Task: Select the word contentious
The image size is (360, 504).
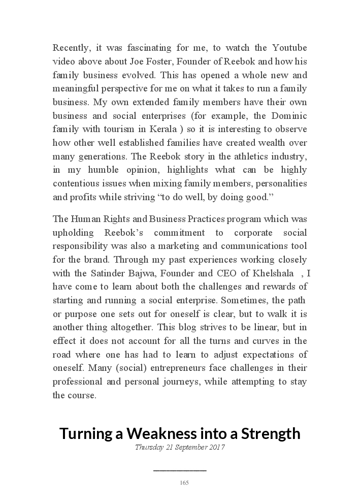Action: [76, 183]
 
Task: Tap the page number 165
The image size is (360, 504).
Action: [184, 483]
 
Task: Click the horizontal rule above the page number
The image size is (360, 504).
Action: [180, 470]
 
